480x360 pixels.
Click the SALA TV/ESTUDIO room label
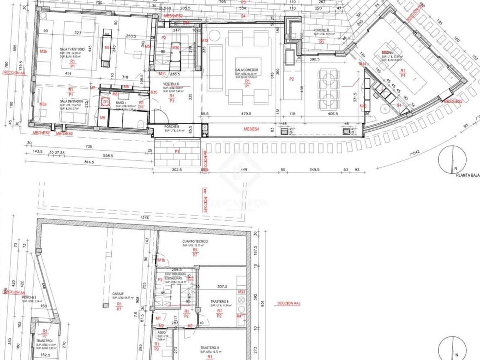72,49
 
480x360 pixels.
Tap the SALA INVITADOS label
71,101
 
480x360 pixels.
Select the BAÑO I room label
120,103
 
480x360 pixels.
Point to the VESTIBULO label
171,84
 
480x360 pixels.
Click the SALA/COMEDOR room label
247,70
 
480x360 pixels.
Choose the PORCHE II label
172,127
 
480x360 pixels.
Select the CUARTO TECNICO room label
195,241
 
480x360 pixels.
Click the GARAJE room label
118,294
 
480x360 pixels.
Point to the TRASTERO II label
219,301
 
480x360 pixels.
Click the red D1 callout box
105,102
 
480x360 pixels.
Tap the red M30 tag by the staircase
176,48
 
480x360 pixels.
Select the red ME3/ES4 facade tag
251,129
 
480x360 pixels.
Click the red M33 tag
241,292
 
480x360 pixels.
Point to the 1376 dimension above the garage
144,218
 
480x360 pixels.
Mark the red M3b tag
43,52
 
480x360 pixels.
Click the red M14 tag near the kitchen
363,64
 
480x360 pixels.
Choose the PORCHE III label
321,30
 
